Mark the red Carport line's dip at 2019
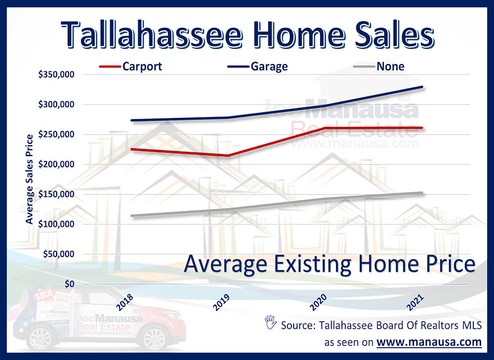pyautogui.click(x=228, y=156)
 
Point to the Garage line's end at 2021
pyautogui.click(x=422, y=87)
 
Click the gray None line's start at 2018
pyautogui.click(x=130, y=216)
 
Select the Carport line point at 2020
pyautogui.click(x=324, y=128)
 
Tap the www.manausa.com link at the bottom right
pyautogui.click(x=429, y=341)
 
